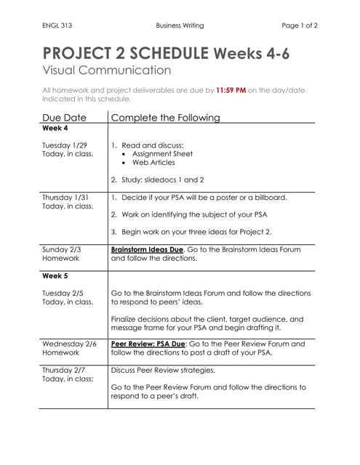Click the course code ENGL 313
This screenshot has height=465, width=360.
pos(56,25)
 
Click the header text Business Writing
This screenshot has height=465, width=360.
pos(180,25)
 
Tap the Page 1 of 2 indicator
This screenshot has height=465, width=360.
pos(300,25)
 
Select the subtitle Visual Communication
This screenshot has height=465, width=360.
pos(107,70)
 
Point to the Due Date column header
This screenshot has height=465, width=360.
pos(65,117)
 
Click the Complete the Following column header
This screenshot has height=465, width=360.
pos(166,117)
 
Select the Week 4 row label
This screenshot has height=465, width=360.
pos(55,128)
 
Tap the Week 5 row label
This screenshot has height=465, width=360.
pos(55,276)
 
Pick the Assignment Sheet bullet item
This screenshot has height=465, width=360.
pos(162,154)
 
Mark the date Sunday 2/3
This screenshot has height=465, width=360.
pos(62,249)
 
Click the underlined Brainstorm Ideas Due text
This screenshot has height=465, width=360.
pos(147,249)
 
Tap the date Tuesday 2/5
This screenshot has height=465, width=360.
pos(63,293)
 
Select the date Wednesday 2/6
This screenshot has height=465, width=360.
pos(69,344)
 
